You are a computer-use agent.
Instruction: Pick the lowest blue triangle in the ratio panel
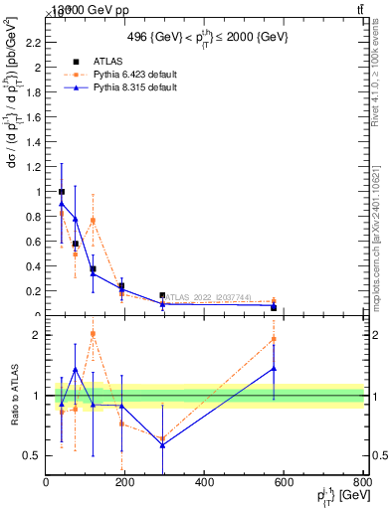click(162, 445)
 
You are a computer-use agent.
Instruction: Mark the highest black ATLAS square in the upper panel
click(62, 192)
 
